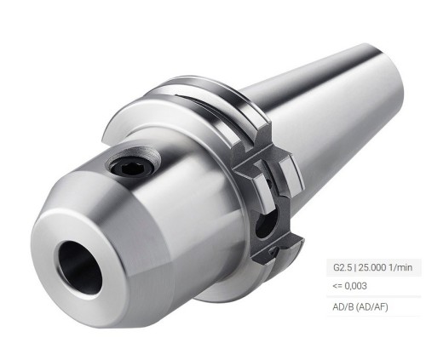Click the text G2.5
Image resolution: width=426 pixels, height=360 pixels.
point(343,267)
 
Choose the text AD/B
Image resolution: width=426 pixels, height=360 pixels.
point(343,306)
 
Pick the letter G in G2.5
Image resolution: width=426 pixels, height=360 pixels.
point(337,267)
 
